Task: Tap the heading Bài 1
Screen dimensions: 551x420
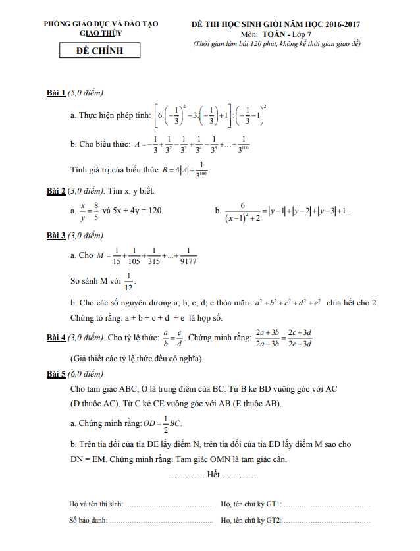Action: (x=55, y=93)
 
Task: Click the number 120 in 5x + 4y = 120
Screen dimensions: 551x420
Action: (x=155, y=211)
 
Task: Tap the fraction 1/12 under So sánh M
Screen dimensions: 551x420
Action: (x=129, y=281)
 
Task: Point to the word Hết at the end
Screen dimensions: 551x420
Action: (x=213, y=475)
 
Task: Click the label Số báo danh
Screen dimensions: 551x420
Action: (x=87, y=521)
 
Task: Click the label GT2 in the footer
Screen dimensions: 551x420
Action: (x=274, y=521)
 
